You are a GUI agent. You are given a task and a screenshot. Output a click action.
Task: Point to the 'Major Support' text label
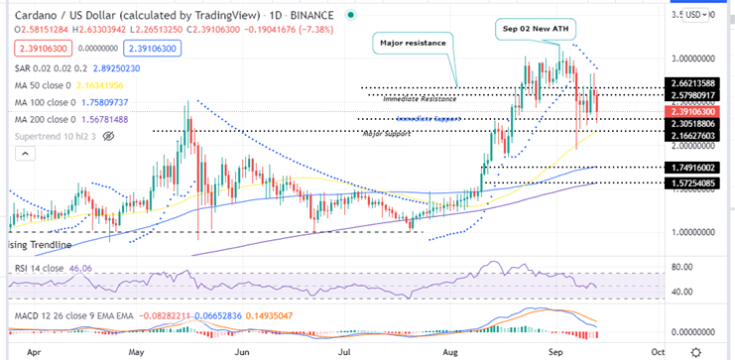pyautogui.click(x=387, y=133)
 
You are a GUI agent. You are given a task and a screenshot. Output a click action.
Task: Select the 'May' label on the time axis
pyautogui.click(x=136, y=351)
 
